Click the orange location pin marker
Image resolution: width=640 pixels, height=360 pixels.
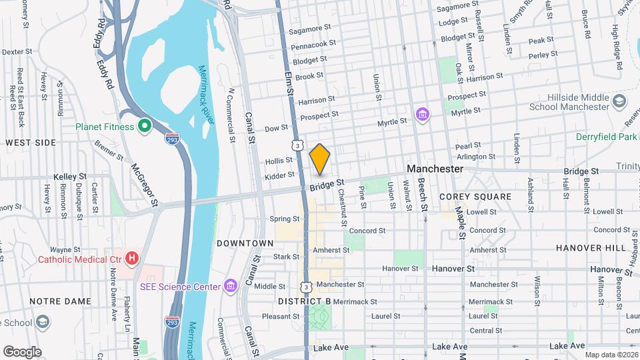click(320, 159)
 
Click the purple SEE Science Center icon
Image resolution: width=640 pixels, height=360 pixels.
click(231, 287)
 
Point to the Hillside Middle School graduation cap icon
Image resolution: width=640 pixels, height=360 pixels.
click(619, 102)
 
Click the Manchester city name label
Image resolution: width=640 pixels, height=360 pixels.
click(435, 169)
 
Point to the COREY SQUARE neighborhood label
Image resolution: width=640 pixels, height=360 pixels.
click(475, 197)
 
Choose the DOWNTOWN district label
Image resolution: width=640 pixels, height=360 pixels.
click(245, 243)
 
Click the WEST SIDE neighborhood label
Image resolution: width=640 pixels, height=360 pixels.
click(31, 143)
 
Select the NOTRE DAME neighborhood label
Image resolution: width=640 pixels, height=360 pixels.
click(60, 301)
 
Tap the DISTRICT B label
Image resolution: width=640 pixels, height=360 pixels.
click(304, 301)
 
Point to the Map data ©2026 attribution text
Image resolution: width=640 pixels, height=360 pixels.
click(611, 355)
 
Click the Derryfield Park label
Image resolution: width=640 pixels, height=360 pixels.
click(607, 137)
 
